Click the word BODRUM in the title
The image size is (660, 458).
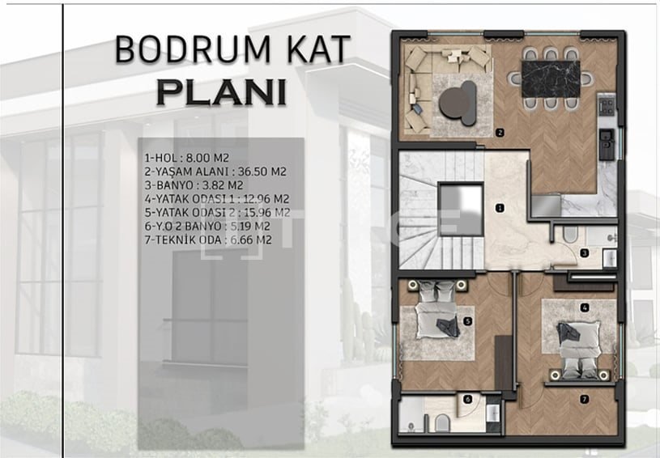tap(193, 49)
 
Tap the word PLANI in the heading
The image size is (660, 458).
tap(221, 92)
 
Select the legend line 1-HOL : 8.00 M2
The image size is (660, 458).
tap(186, 158)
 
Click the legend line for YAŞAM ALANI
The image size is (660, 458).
tap(215, 172)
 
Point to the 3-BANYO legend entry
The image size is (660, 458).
tap(194, 185)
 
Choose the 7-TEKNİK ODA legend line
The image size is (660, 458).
tap(208, 240)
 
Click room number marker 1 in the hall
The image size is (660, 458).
tap(500, 208)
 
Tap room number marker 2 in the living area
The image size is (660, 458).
tap(500, 133)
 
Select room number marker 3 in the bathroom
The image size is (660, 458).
tap(584, 253)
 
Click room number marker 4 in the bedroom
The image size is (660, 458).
tap(584, 307)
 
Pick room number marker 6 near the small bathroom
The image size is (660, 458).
tap(467, 400)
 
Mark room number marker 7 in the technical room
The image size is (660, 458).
tap(584, 400)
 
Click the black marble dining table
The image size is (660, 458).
tap(550, 79)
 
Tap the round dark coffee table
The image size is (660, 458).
tap(458, 103)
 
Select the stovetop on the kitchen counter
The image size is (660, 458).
tap(607, 105)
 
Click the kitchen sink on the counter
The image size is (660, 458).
tap(607, 144)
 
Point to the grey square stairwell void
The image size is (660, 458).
tap(460, 209)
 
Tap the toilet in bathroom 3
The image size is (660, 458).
tap(570, 234)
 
